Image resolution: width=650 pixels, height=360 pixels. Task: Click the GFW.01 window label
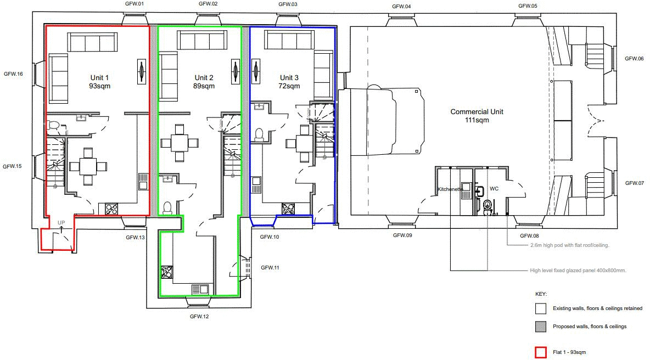pos(134,4)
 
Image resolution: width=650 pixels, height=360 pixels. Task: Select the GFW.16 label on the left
pos(13,74)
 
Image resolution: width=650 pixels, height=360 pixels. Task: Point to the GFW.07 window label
pos(634,183)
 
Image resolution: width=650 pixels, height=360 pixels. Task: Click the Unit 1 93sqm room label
pos(101,82)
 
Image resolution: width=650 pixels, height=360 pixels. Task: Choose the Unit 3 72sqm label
pos(289,82)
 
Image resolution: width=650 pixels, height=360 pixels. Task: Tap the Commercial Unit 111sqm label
pos(477,116)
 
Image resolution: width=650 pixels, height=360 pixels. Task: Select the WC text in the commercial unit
pos(494,189)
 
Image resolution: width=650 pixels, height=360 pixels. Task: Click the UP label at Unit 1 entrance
pos(61,223)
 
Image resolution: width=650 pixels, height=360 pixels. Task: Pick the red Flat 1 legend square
pos(540,352)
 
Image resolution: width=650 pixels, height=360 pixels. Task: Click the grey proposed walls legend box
pos(540,327)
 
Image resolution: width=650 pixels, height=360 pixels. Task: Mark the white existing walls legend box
pos(540,308)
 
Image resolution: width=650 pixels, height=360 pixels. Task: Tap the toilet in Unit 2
pos(167,207)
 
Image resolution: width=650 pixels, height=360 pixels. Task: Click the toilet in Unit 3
pos(260,133)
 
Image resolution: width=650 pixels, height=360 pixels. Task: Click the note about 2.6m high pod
pos(569,245)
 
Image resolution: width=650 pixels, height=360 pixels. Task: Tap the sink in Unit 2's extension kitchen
pos(200,289)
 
